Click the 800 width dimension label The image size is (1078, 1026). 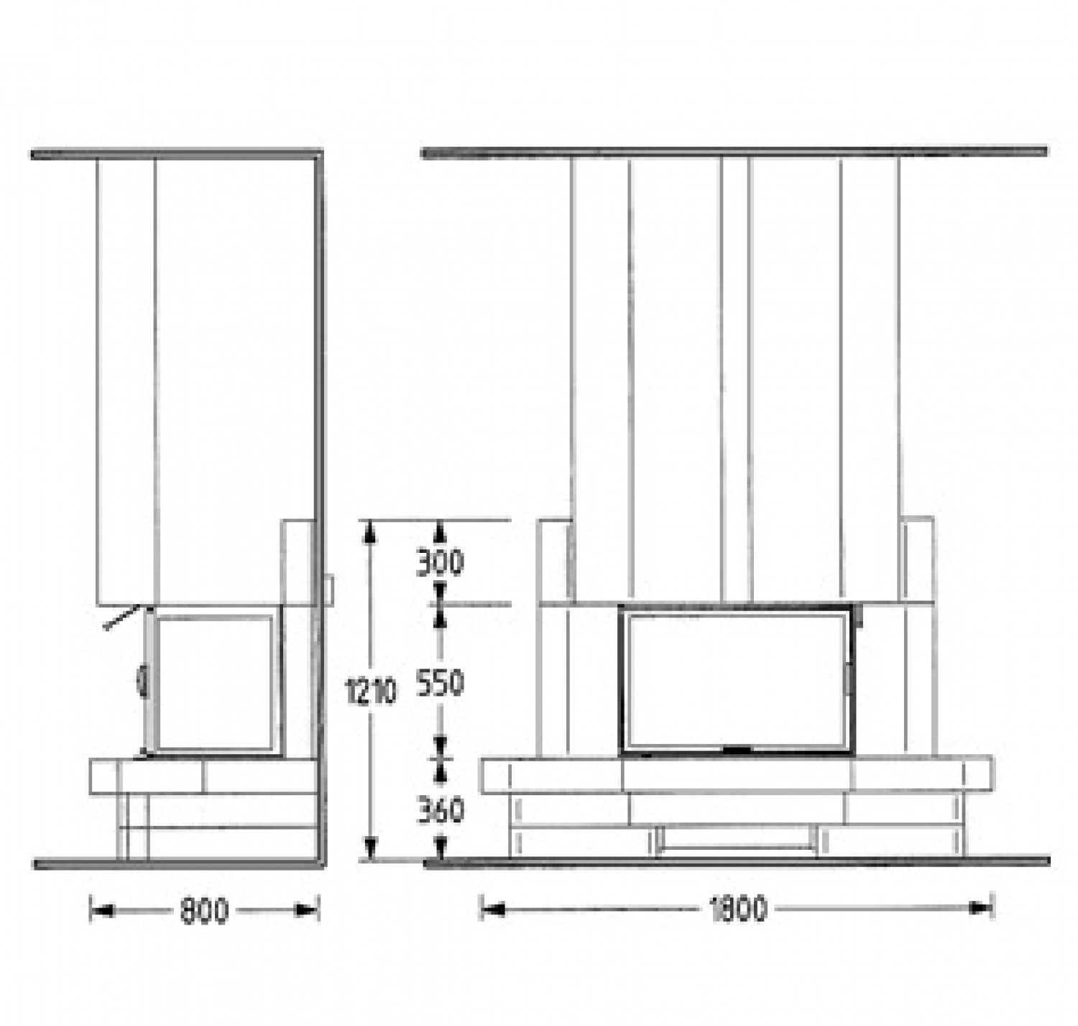tap(203, 912)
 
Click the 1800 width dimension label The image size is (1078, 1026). tap(737, 910)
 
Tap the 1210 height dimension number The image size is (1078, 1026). tap(371, 692)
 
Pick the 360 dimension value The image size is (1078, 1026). tap(440, 810)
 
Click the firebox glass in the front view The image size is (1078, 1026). tap(735, 681)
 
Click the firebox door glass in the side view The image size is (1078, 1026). tap(214, 682)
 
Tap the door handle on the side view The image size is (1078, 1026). tap(142, 682)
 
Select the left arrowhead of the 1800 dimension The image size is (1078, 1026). tap(492, 910)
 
